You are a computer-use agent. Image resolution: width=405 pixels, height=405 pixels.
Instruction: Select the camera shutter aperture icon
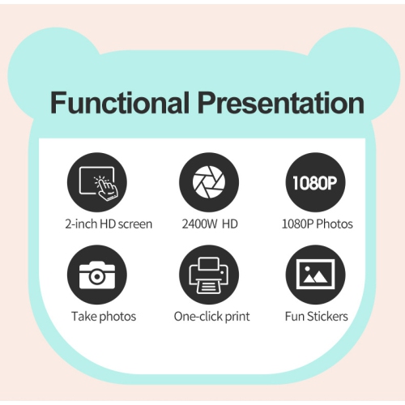[203, 183]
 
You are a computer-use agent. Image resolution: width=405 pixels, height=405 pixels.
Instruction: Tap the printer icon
[203, 275]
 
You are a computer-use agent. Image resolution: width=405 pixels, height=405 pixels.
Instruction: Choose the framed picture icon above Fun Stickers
[311, 275]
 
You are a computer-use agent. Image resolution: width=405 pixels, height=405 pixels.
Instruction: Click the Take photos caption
[104, 316]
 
